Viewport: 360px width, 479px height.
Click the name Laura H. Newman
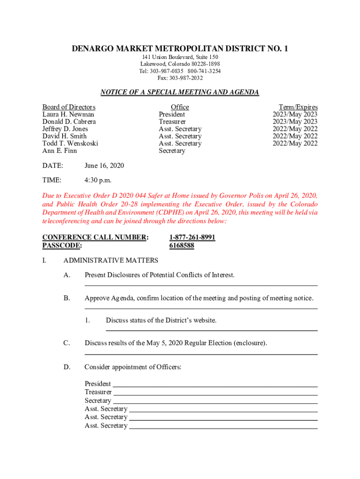click(x=68, y=115)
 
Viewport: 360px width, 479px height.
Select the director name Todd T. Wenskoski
click(x=70, y=144)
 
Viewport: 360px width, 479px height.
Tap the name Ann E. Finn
click(x=60, y=151)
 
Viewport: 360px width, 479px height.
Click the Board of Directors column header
click(x=69, y=107)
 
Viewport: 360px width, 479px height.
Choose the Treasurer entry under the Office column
click(x=172, y=122)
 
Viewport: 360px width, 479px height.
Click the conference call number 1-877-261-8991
click(x=192, y=238)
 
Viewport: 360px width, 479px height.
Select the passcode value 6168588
click(x=181, y=245)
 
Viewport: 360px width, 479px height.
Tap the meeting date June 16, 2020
click(x=104, y=166)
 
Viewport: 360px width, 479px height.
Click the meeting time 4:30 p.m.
click(x=98, y=181)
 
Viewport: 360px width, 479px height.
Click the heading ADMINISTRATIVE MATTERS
click(x=111, y=261)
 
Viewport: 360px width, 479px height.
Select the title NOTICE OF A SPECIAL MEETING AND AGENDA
click(x=180, y=93)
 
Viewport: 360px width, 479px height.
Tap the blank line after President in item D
click(x=215, y=385)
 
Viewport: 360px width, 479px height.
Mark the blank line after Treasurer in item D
click(x=215, y=394)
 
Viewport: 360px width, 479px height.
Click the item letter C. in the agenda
click(x=67, y=343)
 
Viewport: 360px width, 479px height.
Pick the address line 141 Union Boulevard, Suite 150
click(x=180, y=57)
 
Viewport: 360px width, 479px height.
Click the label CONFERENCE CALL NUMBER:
click(x=95, y=238)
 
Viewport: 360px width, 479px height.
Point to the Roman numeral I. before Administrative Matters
click(x=44, y=261)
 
